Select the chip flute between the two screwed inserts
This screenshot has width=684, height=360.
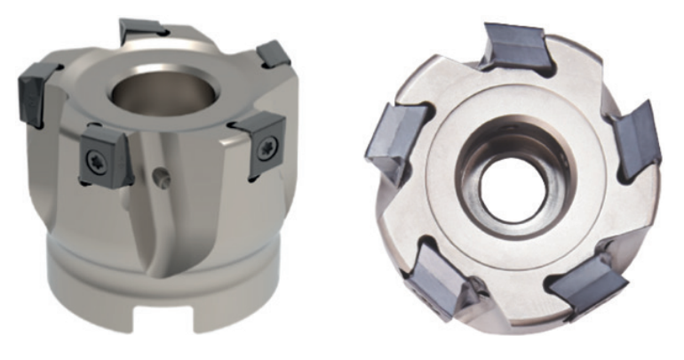tap(178, 213)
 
